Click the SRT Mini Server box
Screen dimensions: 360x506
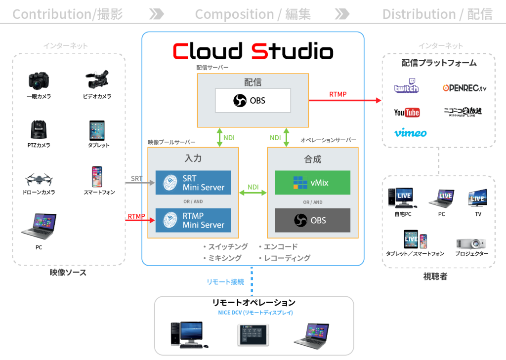[x=193, y=183]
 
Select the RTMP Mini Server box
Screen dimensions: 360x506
[x=193, y=220]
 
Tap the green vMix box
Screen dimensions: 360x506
[x=312, y=183]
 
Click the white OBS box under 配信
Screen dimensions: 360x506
[x=253, y=101]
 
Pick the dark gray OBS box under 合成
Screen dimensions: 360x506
[x=312, y=220]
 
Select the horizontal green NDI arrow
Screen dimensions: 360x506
[x=253, y=192]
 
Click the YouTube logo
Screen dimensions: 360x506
[x=407, y=112]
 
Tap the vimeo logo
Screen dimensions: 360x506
[x=410, y=133]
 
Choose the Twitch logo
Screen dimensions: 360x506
[x=407, y=87]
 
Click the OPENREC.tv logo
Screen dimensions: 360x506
[x=464, y=88]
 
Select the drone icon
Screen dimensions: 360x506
[x=39, y=179]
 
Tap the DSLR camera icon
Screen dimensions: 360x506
[x=39, y=80]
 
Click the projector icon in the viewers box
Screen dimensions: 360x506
[x=470, y=243]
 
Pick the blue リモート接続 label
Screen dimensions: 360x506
[x=225, y=281]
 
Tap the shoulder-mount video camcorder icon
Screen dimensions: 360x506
[x=98, y=79]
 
